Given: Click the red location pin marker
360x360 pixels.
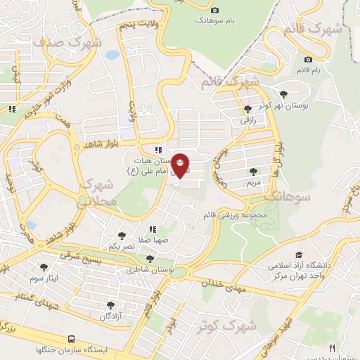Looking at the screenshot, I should coord(181,166).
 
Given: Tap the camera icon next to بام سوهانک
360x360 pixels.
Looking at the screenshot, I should coord(215,10).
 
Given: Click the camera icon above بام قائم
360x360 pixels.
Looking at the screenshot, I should coord(308,59).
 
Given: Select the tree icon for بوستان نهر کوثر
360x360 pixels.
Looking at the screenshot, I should coord(283,94).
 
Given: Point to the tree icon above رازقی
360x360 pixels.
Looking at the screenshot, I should coord(247,109).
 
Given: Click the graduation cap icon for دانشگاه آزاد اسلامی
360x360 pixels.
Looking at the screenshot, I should coord(299,255).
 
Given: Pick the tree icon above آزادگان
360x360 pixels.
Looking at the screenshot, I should coord(110,305).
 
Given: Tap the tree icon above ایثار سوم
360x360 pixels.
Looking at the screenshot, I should coord(44,267).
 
